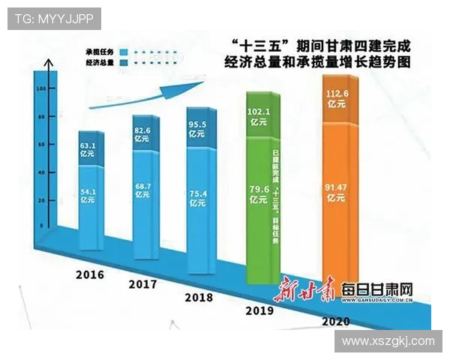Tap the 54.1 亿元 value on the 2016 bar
tap(88, 197)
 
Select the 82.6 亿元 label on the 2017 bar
tap(142, 135)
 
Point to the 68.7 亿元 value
tap(142, 189)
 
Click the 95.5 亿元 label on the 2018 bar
tap(196, 128)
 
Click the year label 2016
tap(90, 274)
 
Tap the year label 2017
tap(142, 285)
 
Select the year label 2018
tap(198, 297)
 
